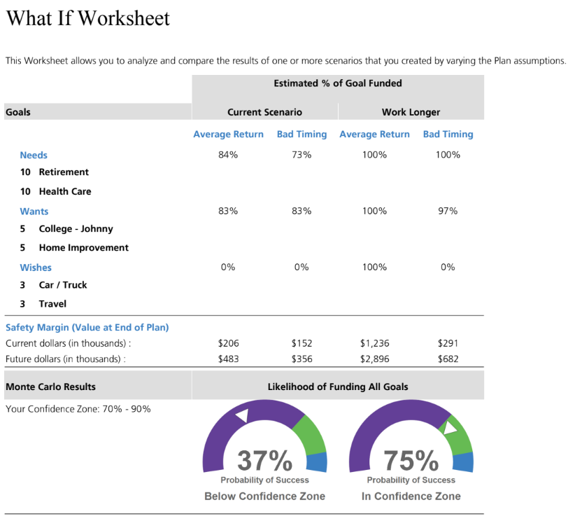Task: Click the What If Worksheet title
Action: [88, 18]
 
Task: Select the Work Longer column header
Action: [411, 112]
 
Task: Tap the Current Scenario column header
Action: [264, 112]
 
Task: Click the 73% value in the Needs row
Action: [301, 155]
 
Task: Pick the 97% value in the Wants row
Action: [448, 211]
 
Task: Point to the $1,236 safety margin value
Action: [374, 343]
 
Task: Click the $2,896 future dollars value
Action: [374, 359]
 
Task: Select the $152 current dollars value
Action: [301, 343]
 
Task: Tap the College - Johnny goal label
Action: [76, 228]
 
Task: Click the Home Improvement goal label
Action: [83, 247]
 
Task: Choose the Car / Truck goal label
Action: [63, 285]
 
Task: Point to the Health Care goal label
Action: [65, 191]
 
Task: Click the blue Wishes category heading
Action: [36, 268]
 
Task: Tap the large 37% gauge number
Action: [264, 461]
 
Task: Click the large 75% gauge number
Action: [411, 461]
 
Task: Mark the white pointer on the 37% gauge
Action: [241, 415]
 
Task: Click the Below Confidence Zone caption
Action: [264, 496]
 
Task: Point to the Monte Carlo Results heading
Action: [50, 387]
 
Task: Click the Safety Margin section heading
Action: [87, 327]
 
